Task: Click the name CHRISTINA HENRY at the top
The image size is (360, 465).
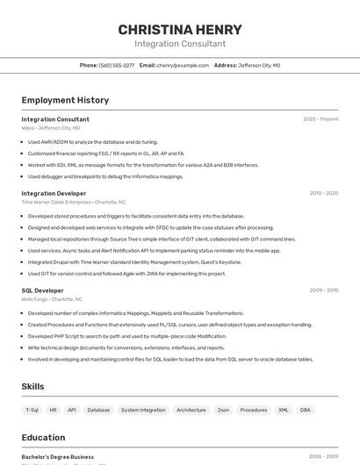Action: [180, 30]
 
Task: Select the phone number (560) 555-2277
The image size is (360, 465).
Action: [117, 65]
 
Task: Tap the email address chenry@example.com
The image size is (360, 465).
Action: [183, 65]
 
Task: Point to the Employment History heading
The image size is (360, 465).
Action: [65, 100]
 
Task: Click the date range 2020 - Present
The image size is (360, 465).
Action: [320, 119]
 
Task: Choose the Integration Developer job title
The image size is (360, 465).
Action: [54, 193]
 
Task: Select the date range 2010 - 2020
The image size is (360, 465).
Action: [323, 193]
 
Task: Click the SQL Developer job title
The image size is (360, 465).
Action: [42, 290]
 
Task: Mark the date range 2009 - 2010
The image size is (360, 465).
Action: [323, 290]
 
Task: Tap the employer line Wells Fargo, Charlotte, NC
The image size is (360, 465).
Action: [52, 299]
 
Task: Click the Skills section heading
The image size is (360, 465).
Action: [32, 386]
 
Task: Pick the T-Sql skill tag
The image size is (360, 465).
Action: [32, 410]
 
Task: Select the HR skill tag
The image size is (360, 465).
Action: [53, 410]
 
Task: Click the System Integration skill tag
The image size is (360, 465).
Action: [143, 410]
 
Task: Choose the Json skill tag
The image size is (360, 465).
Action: [223, 410]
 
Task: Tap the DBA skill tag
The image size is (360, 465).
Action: [305, 410]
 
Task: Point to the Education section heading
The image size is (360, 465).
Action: [43, 438]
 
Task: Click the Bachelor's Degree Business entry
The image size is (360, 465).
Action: [57, 457]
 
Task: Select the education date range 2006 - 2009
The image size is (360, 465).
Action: [323, 457]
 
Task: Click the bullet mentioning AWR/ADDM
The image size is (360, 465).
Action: [92, 142]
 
